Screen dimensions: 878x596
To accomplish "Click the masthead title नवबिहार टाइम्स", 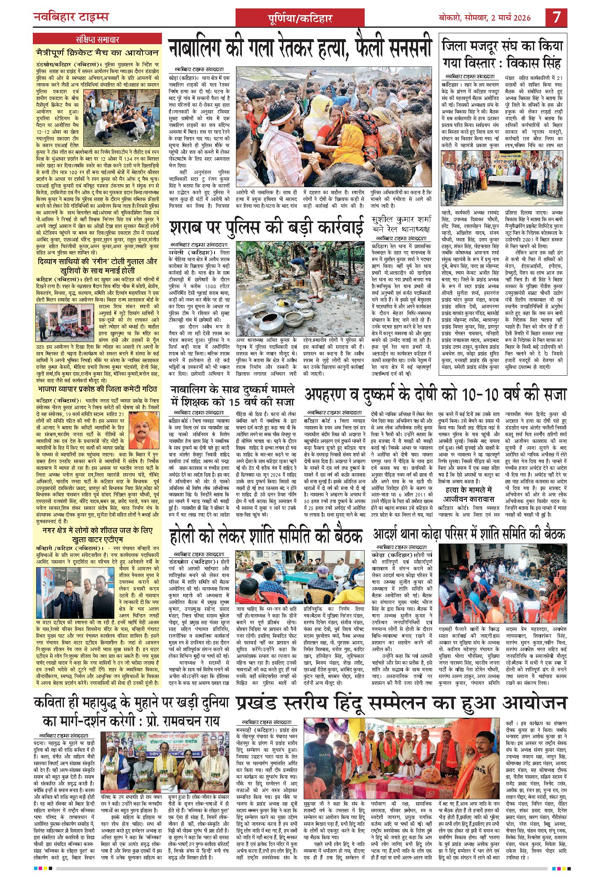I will [71, 17].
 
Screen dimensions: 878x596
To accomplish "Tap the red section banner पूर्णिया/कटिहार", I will [299, 18].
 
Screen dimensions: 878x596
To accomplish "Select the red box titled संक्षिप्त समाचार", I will [97, 40].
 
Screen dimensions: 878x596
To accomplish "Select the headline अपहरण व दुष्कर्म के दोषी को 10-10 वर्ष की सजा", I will [435, 394].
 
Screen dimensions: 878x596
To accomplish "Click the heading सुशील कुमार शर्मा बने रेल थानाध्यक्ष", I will [401, 224].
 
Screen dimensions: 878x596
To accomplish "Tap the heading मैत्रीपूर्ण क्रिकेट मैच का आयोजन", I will [97, 53].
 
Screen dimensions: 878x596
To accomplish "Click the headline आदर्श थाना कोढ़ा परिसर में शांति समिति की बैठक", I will [469, 534].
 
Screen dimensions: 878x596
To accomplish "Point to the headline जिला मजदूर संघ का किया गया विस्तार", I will [502, 53].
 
